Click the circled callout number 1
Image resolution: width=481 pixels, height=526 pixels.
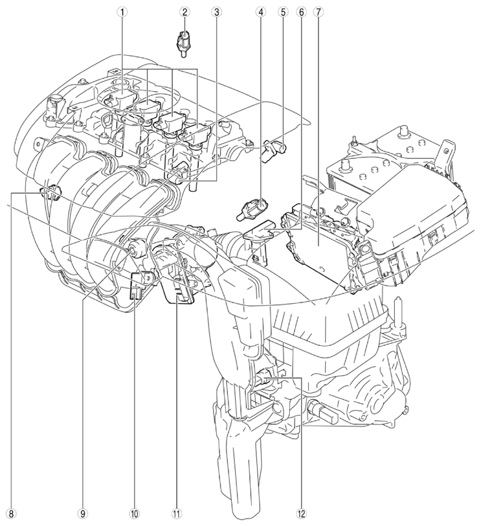click(x=124, y=12)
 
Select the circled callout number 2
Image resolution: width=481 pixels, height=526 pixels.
click(x=184, y=12)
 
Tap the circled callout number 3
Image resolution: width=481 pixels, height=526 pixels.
click(x=216, y=12)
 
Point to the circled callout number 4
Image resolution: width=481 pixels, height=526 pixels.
click(x=260, y=12)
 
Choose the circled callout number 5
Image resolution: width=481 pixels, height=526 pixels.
click(x=282, y=12)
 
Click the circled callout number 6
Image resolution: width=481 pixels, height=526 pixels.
click(x=301, y=12)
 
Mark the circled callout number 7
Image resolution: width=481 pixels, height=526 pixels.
click(x=318, y=12)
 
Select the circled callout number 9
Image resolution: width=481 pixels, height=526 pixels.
click(x=83, y=513)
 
